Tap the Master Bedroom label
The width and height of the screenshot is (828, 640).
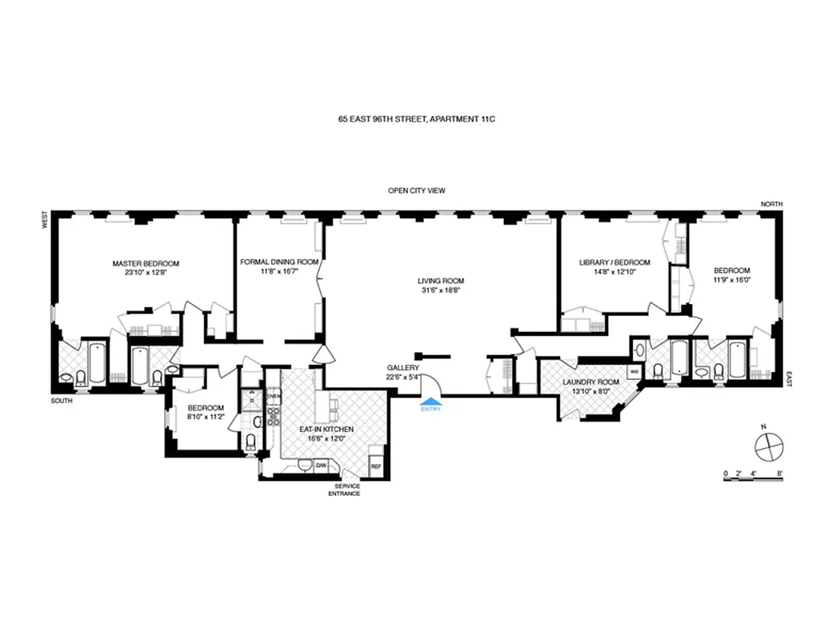click(x=146, y=263)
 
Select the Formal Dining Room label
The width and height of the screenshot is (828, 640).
click(x=280, y=262)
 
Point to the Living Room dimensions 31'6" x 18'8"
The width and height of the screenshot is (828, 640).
click(x=440, y=291)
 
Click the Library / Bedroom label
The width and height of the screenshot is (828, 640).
click(x=614, y=262)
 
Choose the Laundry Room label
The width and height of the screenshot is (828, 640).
click(x=590, y=382)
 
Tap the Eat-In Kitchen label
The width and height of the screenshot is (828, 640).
click(x=326, y=430)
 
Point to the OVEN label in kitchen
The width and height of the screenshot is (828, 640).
click(x=274, y=396)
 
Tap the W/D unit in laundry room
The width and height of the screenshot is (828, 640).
click(x=634, y=372)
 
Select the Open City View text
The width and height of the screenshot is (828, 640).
click(x=416, y=190)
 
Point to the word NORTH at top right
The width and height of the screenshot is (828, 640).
click(x=771, y=205)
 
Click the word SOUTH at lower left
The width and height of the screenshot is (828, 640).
click(x=62, y=401)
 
